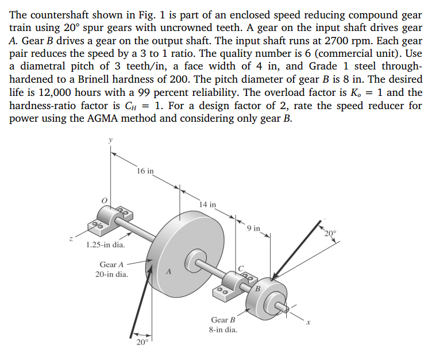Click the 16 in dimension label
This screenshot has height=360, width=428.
(146, 171)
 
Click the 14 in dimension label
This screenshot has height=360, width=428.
(207, 204)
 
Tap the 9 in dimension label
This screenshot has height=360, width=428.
(253, 228)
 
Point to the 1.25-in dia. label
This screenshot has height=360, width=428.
(105, 245)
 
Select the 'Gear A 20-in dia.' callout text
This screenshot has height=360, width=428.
(112, 269)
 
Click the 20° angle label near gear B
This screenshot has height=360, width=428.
(329, 233)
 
